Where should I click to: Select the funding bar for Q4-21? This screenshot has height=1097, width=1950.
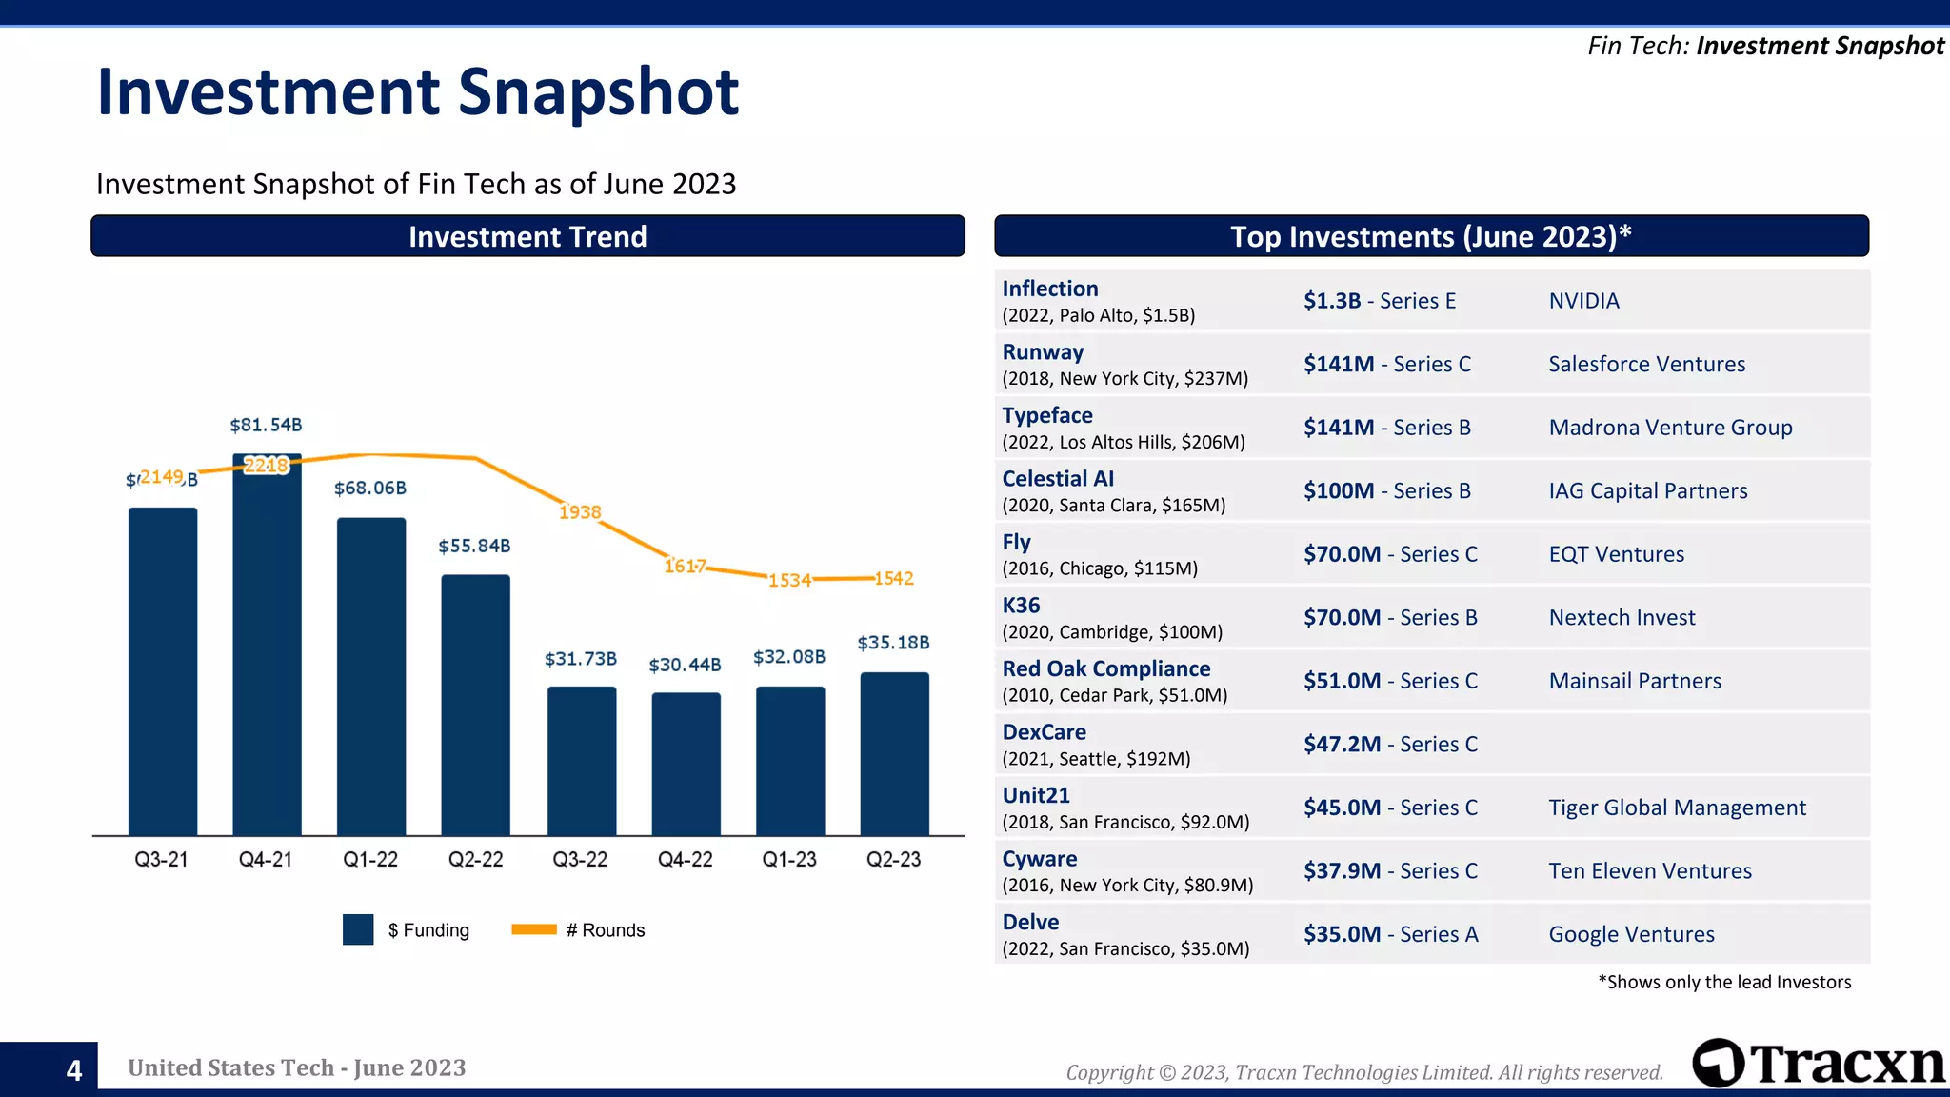click(267, 648)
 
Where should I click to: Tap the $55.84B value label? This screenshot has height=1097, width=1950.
click(474, 547)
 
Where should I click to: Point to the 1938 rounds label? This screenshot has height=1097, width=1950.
click(580, 512)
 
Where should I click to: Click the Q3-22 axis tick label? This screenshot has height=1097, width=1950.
click(580, 859)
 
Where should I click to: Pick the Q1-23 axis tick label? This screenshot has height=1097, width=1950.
click(789, 859)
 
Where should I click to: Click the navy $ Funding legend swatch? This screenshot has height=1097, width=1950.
click(358, 929)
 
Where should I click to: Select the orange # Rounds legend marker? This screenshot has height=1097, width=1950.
click(533, 929)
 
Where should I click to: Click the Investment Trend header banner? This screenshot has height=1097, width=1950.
click(527, 236)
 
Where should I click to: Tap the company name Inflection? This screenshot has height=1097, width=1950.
click(1049, 289)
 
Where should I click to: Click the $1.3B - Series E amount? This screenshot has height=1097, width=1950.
click(1379, 301)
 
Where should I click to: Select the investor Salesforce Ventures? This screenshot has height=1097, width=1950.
click(1646, 364)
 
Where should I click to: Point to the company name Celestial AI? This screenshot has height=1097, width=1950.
click(1057, 479)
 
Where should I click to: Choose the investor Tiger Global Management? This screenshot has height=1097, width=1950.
click(1677, 808)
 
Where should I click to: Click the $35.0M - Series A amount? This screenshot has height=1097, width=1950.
click(1390, 934)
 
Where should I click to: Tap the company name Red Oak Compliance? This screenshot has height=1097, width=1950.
click(1105, 668)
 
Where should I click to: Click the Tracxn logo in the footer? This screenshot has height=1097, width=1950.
click(1817, 1064)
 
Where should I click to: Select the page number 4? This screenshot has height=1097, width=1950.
click(74, 1070)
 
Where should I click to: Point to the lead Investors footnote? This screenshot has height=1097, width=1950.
click(1724, 982)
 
